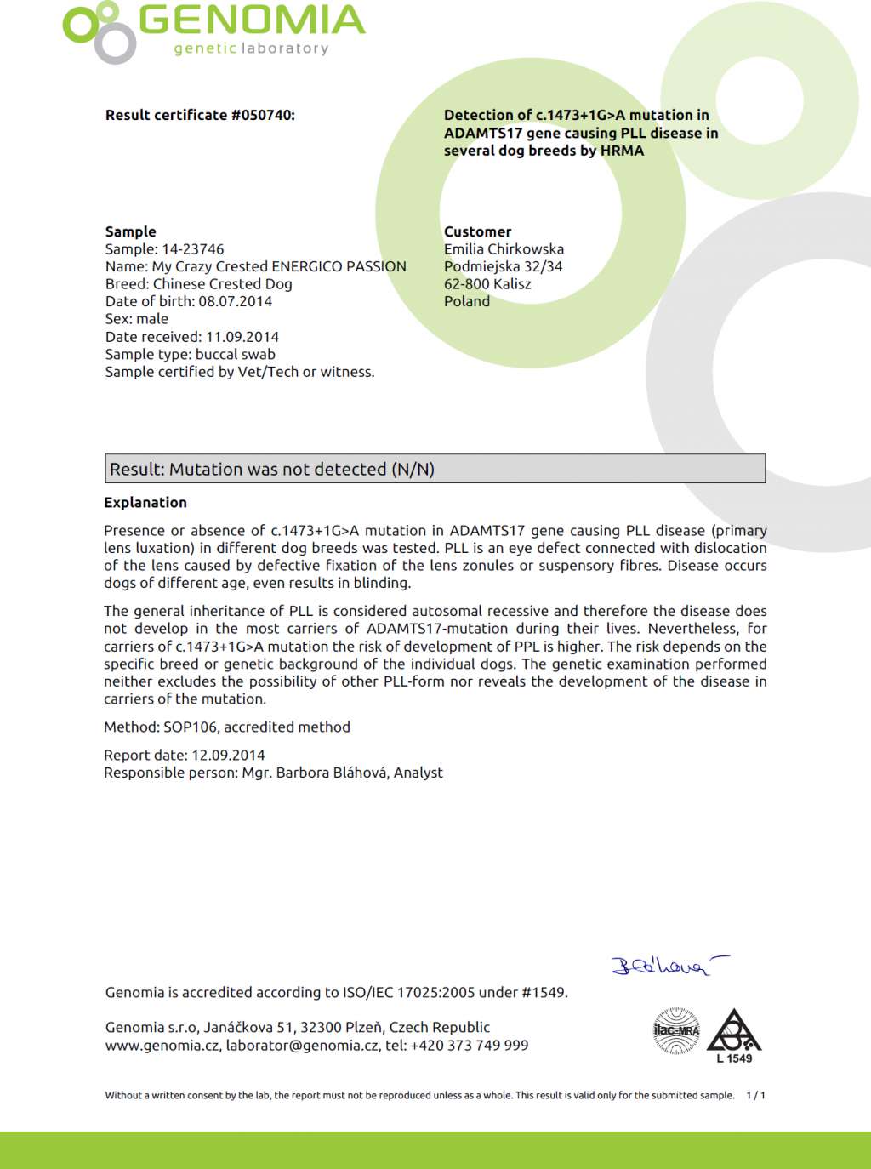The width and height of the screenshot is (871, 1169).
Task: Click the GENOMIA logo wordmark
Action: [x=252, y=21]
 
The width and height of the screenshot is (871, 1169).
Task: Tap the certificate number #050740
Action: [x=263, y=115]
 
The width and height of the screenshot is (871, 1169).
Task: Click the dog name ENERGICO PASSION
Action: [x=339, y=266]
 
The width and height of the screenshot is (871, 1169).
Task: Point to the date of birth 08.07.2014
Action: [x=236, y=301]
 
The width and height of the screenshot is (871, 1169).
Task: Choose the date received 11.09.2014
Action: [x=242, y=337]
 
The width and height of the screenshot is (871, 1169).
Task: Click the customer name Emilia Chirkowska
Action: [x=504, y=249]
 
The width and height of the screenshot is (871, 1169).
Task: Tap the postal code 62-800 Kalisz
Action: [x=487, y=284]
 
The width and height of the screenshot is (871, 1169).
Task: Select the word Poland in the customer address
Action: [x=467, y=301]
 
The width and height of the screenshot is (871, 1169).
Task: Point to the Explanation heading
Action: [x=145, y=503]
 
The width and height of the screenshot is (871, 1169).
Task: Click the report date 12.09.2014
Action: [x=228, y=756]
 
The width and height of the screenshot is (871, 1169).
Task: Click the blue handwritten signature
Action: [x=668, y=966]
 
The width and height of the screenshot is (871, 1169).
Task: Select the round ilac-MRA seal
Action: [x=676, y=1031]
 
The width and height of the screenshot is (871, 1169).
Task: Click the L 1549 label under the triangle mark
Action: [x=734, y=1059]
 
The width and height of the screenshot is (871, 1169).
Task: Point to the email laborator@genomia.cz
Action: [x=302, y=1046]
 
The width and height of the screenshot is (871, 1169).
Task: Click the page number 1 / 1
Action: [x=755, y=1096]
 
